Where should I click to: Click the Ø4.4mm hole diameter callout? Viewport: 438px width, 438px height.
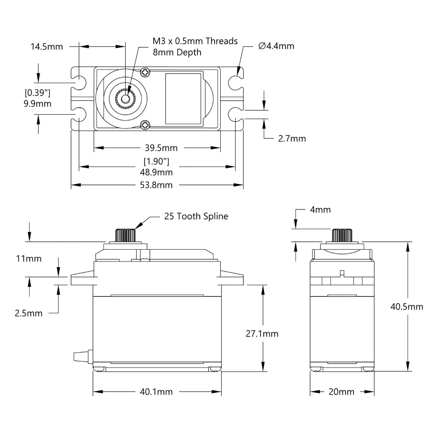tap(276, 46)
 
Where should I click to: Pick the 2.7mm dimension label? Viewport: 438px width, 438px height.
tap(292, 138)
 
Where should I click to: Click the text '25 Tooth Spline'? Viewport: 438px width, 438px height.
tap(196, 216)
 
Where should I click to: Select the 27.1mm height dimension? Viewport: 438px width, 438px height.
tap(262, 334)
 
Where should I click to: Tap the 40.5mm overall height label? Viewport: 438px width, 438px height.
tap(407, 307)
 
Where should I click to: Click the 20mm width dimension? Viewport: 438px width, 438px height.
tap(341, 392)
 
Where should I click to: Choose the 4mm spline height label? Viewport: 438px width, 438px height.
tap(320, 210)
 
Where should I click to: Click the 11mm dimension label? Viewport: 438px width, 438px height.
tap(29, 258)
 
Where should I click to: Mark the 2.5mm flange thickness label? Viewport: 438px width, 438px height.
tap(29, 313)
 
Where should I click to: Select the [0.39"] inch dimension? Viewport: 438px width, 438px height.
tap(38, 93)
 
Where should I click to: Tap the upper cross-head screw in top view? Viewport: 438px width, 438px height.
tap(145, 71)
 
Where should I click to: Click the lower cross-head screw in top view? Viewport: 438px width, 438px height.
tap(145, 125)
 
